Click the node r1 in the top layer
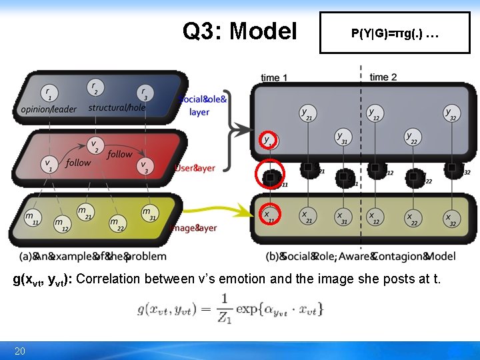47,93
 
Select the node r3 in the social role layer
144,92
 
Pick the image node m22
115,221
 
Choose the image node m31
147,211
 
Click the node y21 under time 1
307,113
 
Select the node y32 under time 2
451,113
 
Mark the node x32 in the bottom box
452,217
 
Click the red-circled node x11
269,214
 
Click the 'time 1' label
274,77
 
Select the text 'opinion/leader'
49,109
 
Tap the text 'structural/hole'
117,107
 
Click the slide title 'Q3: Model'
239,31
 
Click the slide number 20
19,351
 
